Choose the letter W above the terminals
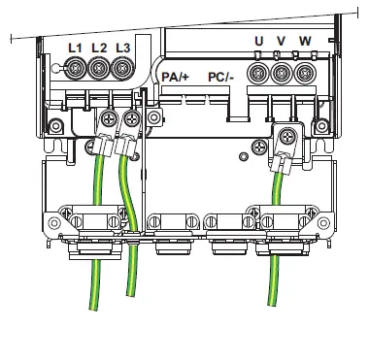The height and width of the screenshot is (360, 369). (x=306, y=41)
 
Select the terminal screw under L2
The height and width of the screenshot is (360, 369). (x=99, y=69)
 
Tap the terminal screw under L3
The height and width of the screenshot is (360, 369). (x=121, y=69)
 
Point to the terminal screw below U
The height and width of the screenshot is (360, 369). (x=259, y=73)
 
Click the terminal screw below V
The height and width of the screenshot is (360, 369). (x=283, y=73)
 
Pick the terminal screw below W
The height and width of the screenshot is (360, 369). (x=306, y=73)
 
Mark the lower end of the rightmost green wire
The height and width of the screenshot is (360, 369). (x=274, y=310)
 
